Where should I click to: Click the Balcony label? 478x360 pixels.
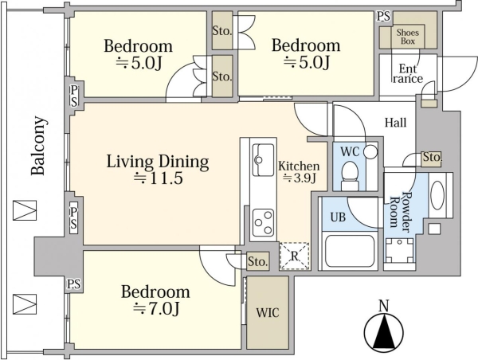[39, 146]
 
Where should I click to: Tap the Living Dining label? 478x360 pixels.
[158, 162]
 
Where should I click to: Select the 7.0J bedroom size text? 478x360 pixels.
[156, 309]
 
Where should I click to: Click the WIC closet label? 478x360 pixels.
[268, 313]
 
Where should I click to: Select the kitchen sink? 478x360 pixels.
[263, 160]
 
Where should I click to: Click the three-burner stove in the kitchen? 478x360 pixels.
[263, 222]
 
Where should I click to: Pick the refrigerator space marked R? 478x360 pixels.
[294, 256]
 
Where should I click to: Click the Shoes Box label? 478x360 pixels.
[408, 37]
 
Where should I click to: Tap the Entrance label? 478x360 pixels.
[408, 74]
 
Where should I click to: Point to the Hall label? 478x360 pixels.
[395, 123]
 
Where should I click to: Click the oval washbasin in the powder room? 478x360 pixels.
[437, 195]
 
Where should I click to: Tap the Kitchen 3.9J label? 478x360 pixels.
[299, 172]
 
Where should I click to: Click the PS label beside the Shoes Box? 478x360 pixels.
[383, 16]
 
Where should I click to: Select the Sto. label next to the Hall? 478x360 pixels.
[432, 157]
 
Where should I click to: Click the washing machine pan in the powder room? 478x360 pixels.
[399, 250]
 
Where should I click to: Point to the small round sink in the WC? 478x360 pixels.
[371, 151]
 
